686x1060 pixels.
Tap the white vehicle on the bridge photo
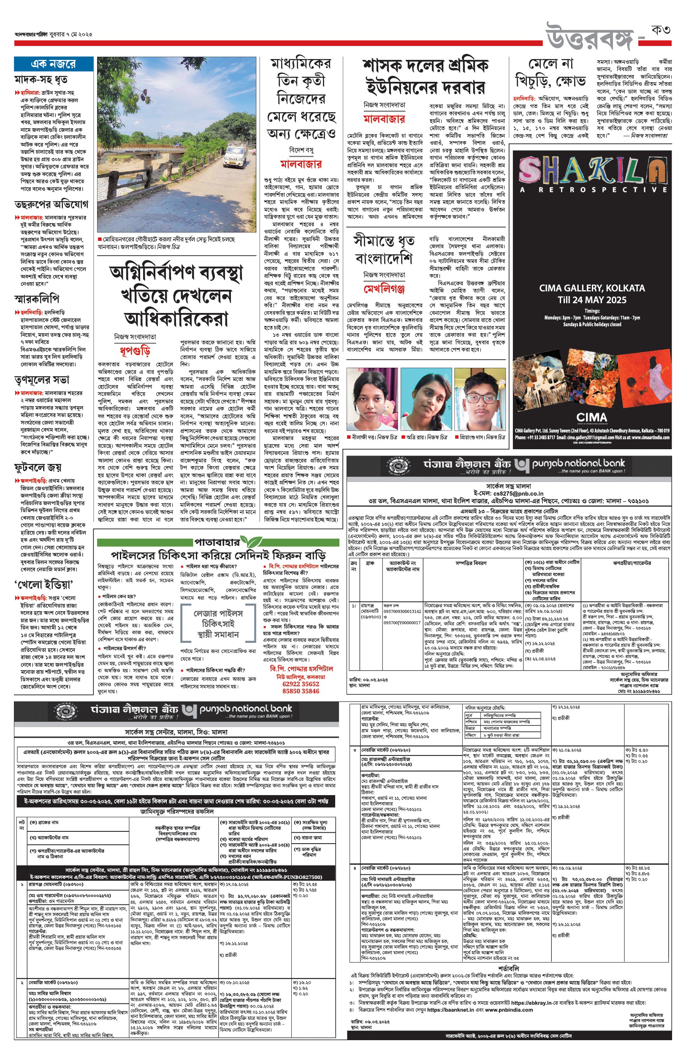coord(233,155)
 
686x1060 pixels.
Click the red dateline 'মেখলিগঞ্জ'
coord(384,289)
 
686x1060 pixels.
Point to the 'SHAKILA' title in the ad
coord(592,171)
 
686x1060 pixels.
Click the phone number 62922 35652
coord(301,684)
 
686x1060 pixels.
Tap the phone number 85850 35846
coord(301,691)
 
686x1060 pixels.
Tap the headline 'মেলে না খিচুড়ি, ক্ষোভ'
coord(550,73)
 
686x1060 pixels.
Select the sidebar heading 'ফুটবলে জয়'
coord(38,467)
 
